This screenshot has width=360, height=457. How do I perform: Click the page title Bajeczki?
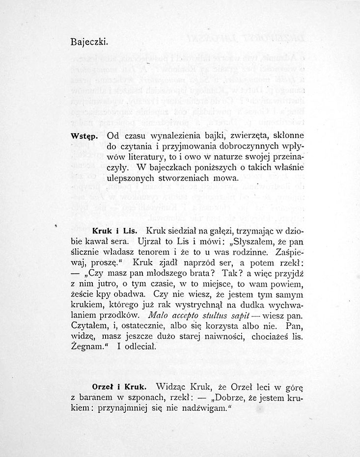coord(89,41)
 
